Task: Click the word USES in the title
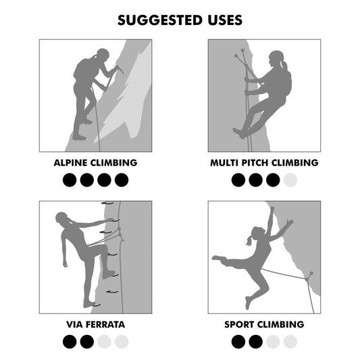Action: (220, 20)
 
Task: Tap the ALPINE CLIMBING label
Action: (95, 163)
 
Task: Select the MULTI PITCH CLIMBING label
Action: (264, 163)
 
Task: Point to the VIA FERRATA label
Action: (95, 324)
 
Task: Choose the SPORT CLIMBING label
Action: (264, 324)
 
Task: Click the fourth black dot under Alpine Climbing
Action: (122, 180)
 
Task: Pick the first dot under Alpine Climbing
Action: (69, 180)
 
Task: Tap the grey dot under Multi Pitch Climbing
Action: (290, 180)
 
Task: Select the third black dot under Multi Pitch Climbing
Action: (273, 180)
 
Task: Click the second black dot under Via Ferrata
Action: (86, 342)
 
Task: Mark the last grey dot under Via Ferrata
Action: (122, 342)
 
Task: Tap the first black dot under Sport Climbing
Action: (238, 342)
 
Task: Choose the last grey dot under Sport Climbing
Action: (290, 342)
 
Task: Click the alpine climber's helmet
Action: (102, 54)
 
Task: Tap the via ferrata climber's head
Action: (63, 220)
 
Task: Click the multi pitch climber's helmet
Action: (276, 55)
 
